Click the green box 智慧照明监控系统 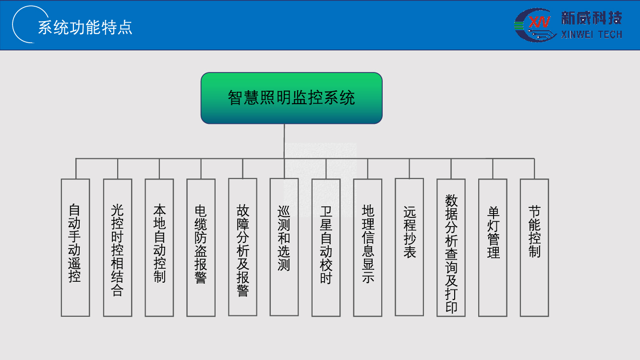point(291,98)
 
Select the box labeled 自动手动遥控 point(75,247)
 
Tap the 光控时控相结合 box point(118,247)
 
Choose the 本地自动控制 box point(159,247)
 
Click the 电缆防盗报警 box point(201,247)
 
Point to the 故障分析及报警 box point(243,247)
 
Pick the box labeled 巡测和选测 point(284,247)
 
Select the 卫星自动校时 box point(326,247)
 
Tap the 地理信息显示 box point(368,247)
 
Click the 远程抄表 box point(410,247)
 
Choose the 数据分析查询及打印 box point(451,247)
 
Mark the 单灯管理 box point(493,247)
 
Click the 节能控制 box point(534,247)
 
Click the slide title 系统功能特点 point(85,27)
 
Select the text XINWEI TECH point(592,35)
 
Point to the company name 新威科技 point(592,18)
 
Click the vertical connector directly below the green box point(284,141)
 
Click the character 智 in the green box point(235,98)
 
